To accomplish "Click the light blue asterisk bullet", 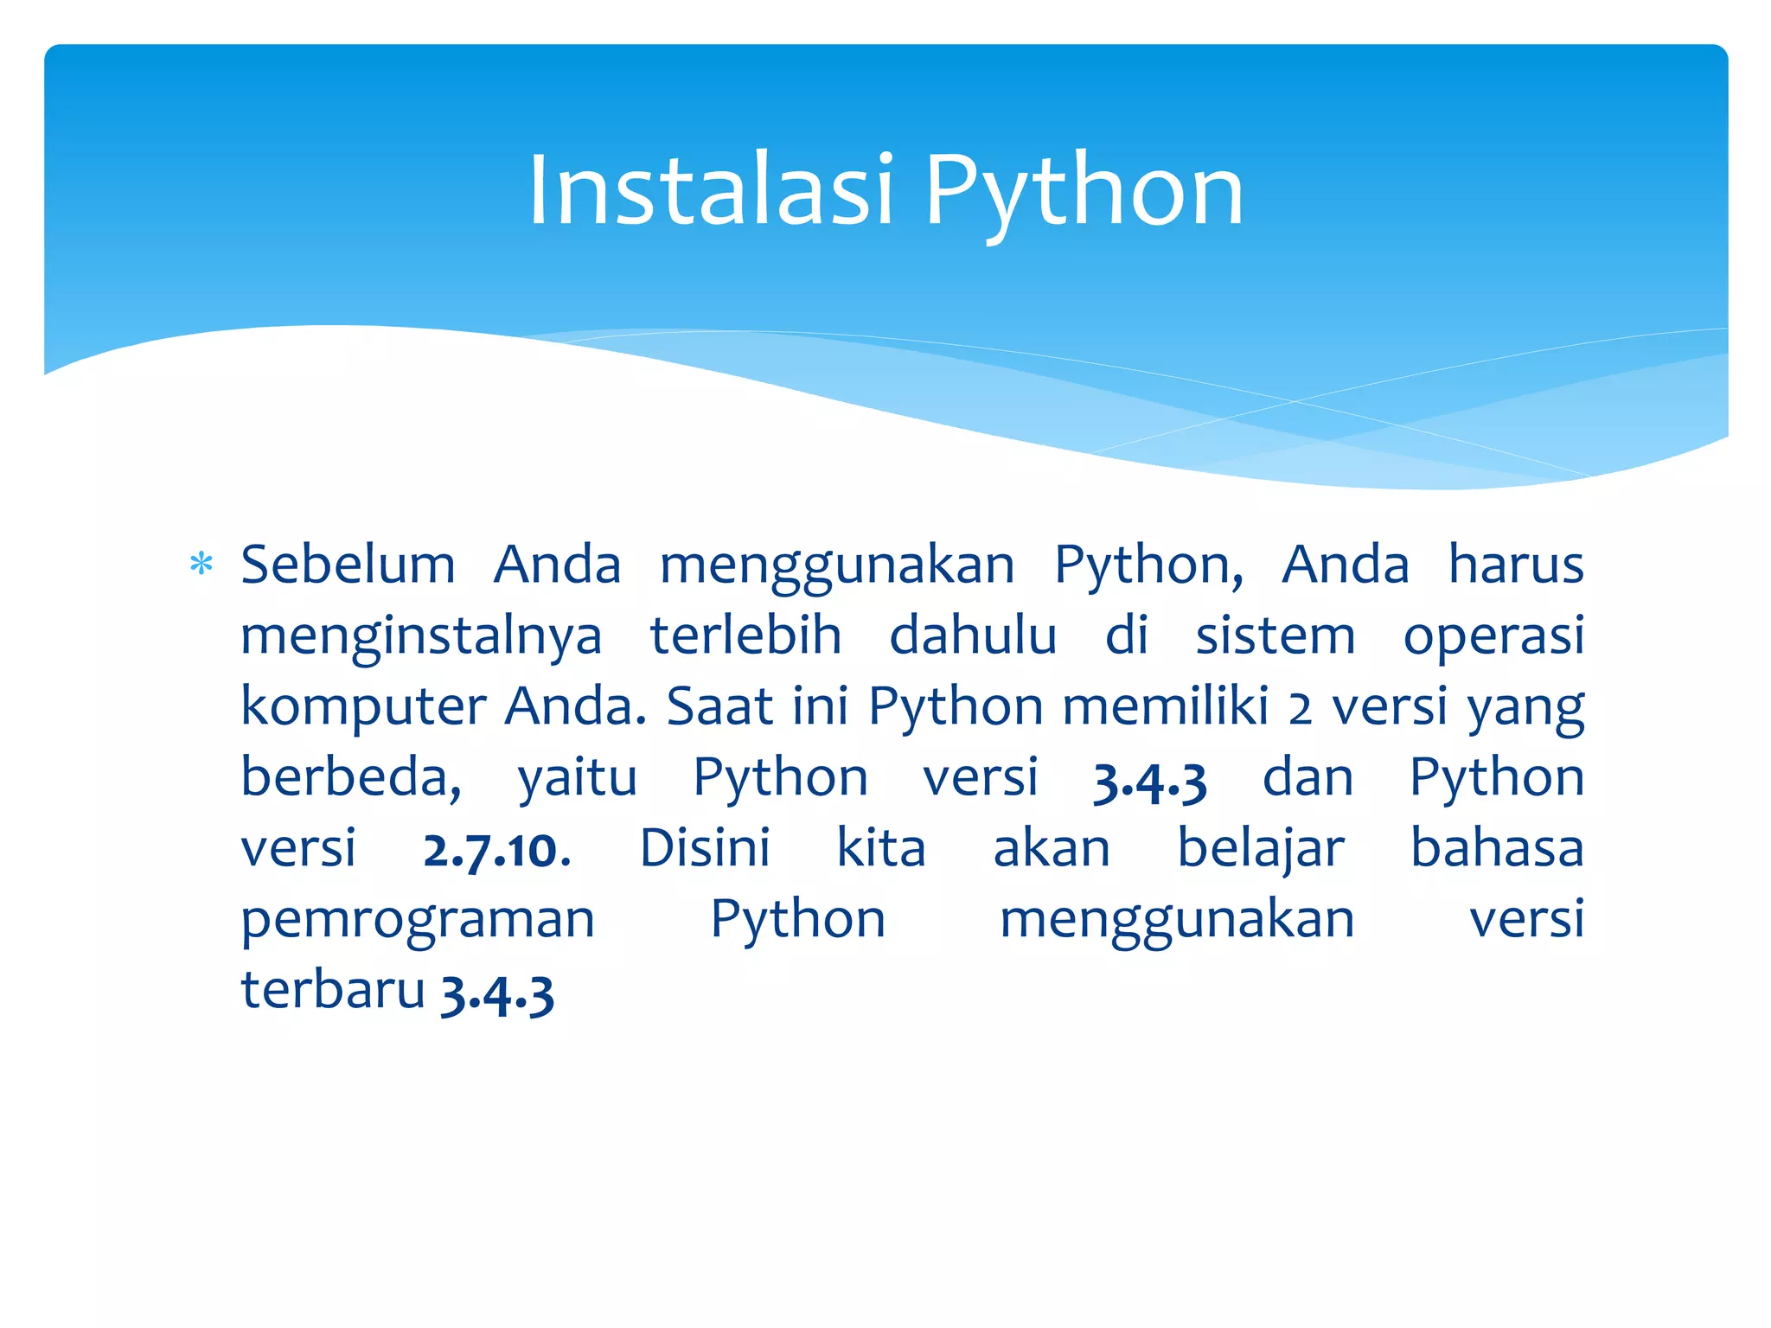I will [201, 565].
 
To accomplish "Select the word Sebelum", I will [348, 565].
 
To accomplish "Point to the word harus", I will [1516, 565].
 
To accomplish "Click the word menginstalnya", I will [421, 638].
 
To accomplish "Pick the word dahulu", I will [973, 636].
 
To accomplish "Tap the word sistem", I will [1276, 636].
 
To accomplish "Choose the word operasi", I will [1493, 638].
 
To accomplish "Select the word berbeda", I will [350, 777].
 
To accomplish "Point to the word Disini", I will [705, 848].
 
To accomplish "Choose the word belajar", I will [1261, 850].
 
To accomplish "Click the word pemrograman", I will [418, 921].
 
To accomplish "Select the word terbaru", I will [333, 990].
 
